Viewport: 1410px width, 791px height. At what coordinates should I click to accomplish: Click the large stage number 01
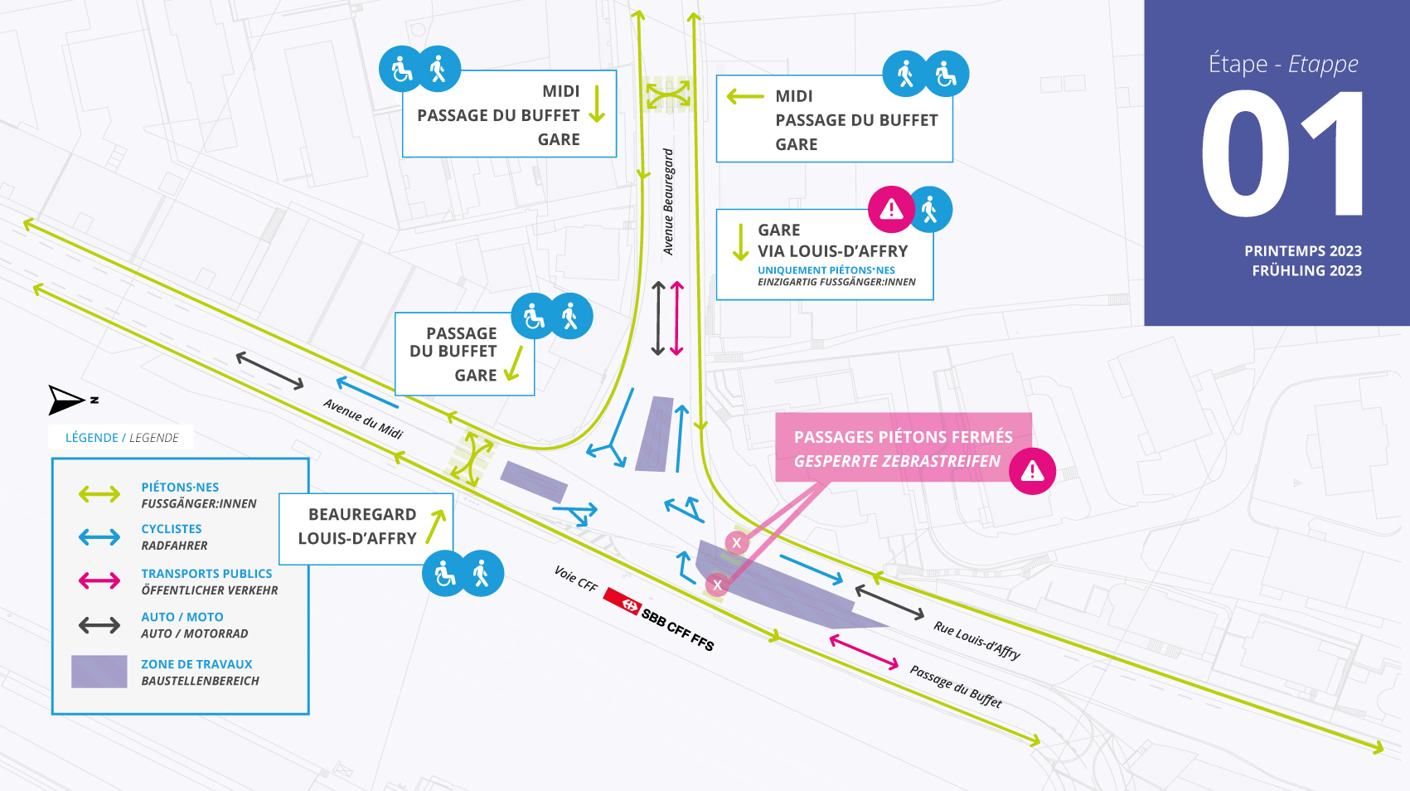(x=1282, y=154)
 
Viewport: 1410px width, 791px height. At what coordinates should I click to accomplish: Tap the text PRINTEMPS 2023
(x=1302, y=251)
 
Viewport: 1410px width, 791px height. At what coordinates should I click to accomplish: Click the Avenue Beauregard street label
(x=668, y=201)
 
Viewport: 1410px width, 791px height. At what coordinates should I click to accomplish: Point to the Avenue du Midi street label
(x=363, y=419)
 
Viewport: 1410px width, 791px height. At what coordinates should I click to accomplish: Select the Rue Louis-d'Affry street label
(x=976, y=640)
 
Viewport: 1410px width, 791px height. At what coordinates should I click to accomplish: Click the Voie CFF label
(x=576, y=579)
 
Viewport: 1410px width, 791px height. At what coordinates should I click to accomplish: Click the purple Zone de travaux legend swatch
(x=99, y=672)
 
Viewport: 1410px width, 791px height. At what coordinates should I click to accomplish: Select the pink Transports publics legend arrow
(x=99, y=580)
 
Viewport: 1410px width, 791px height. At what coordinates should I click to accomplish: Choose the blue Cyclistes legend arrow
(x=99, y=537)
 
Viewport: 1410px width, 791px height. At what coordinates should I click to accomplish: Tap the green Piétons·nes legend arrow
(x=99, y=495)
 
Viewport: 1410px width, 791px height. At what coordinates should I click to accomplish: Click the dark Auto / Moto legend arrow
(x=99, y=625)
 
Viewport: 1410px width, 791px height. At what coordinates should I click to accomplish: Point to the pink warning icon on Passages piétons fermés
(x=1032, y=471)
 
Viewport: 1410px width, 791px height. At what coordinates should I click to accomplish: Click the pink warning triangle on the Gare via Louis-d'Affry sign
(x=891, y=209)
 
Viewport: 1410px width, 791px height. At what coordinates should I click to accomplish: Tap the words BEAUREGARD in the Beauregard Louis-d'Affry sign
(x=362, y=514)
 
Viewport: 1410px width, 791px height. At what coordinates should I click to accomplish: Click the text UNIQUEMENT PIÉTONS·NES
(x=826, y=270)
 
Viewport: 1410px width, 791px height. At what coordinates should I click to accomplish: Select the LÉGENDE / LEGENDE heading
(x=122, y=438)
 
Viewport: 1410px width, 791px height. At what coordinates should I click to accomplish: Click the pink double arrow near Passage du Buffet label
(x=864, y=653)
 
